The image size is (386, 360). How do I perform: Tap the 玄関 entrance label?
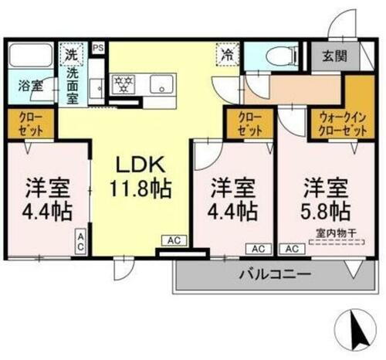click(x=333, y=56)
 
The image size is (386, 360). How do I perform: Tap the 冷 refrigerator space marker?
click(x=229, y=55)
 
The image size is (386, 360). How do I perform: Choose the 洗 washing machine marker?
click(x=70, y=55)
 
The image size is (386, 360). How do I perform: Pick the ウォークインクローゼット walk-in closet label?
click(x=342, y=124)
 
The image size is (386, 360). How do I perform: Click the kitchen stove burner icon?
click(x=124, y=84)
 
